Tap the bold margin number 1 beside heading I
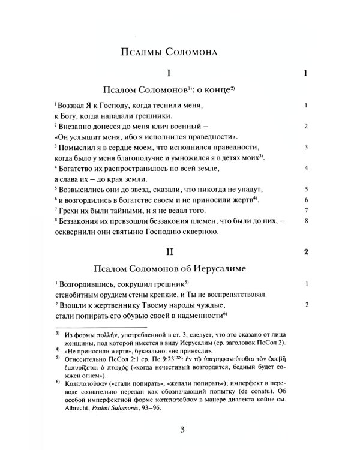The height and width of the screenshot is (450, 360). pos(305,74)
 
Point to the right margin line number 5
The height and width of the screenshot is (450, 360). pos(306,188)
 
